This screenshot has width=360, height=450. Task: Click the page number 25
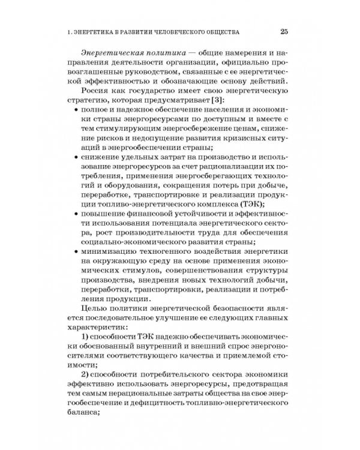click(285, 31)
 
